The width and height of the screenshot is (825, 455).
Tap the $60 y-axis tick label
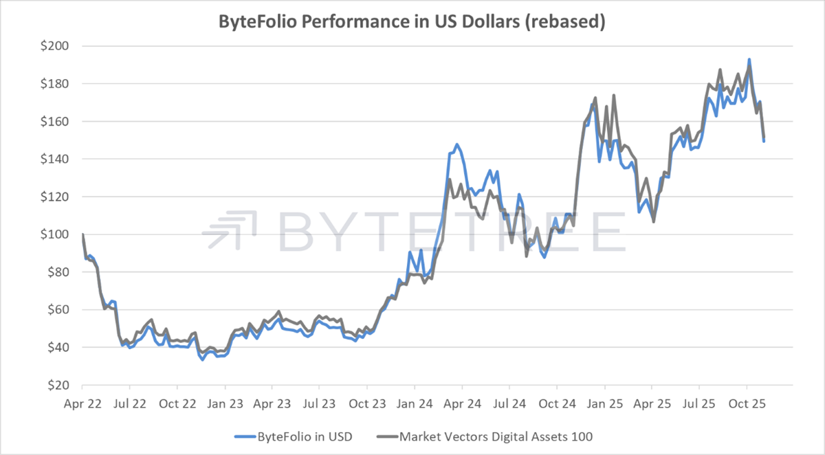tap(54, 310)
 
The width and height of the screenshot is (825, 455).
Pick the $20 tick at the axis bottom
tap(54, 386)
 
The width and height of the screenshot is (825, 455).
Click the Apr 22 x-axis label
tap(82, 403)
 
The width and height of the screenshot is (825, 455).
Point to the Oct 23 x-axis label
tap(367, 403)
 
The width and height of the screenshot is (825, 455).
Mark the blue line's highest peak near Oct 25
tap(749, 60)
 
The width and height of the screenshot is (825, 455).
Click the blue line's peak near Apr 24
tap(456, 144)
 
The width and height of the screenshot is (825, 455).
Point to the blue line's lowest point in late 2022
tap(203, 359)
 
